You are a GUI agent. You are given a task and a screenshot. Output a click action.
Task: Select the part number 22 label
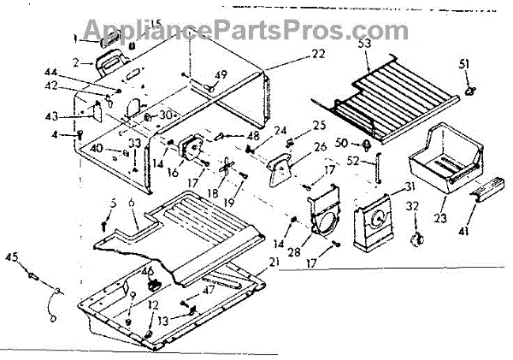click(x=295, y=54)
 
